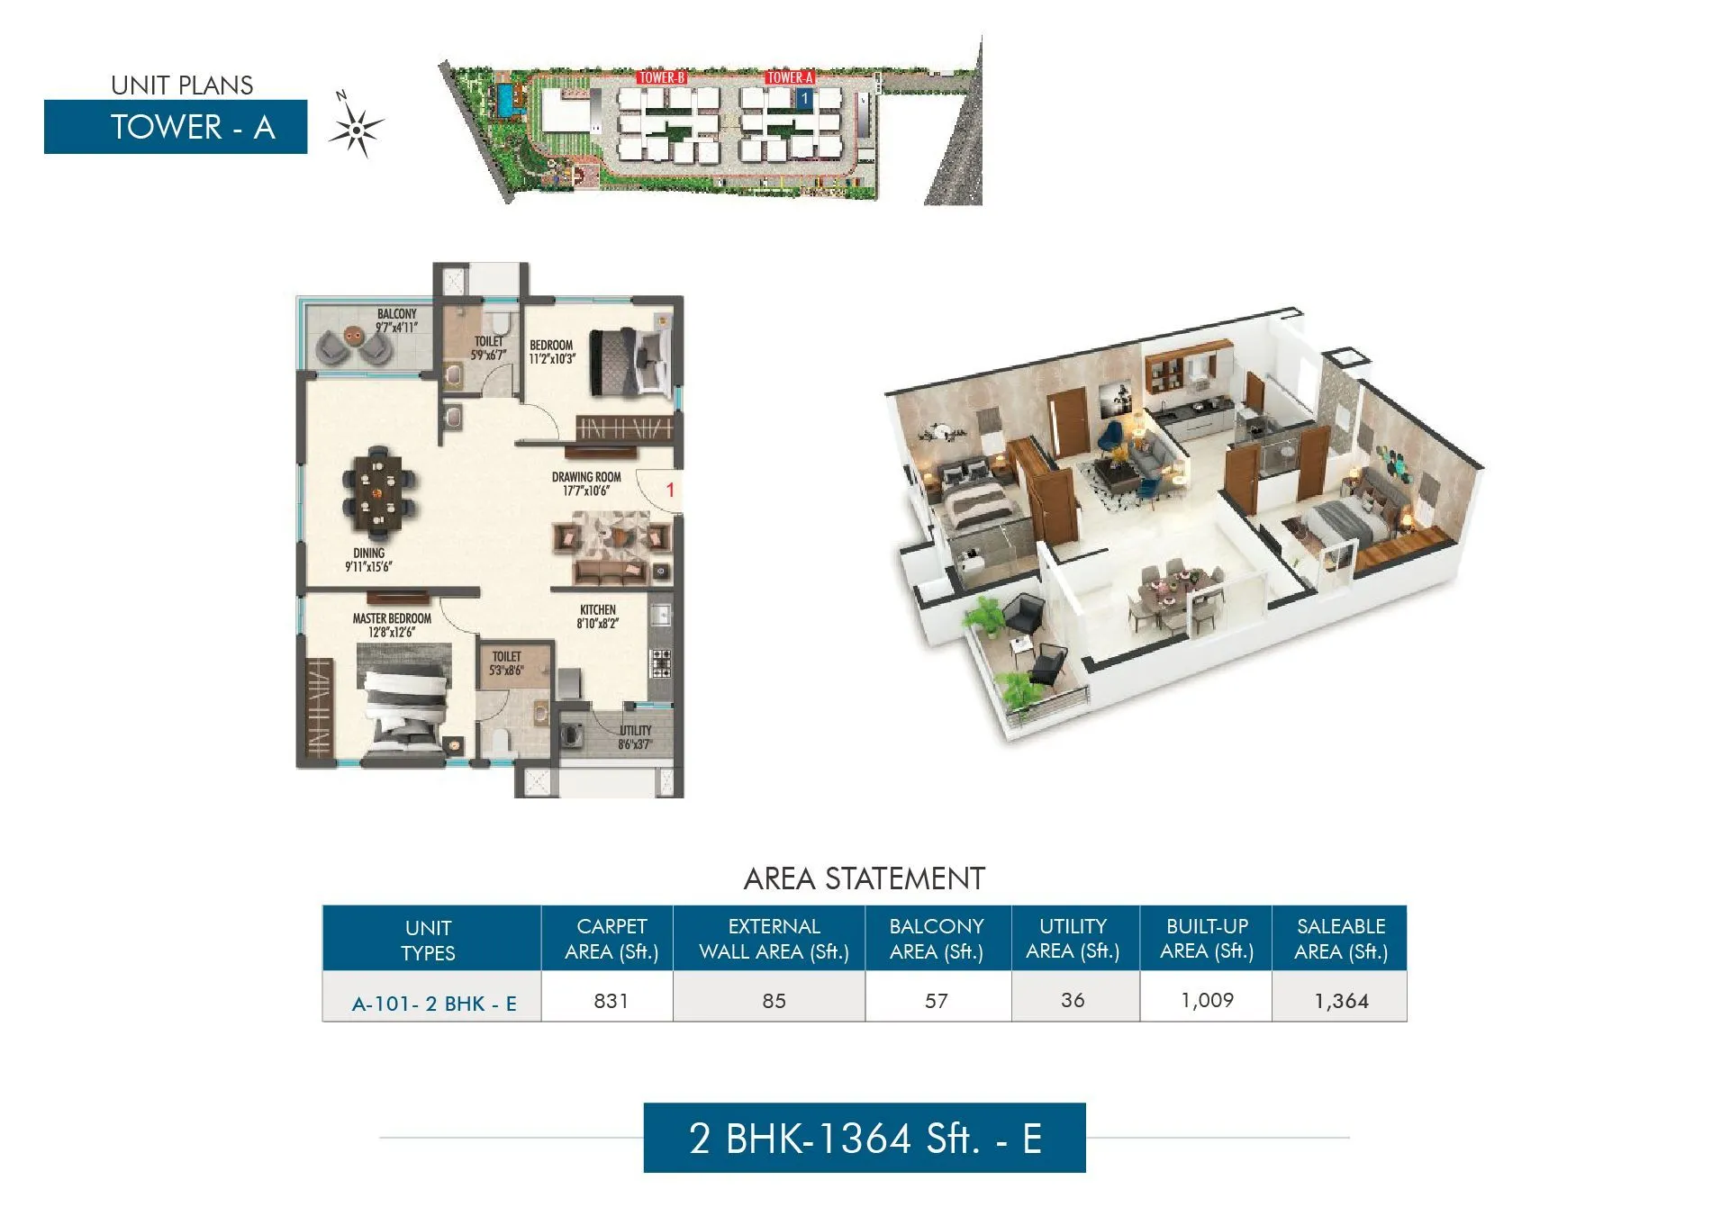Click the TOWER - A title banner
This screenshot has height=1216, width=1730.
(176, 127)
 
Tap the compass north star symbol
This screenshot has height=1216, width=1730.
(357, 130)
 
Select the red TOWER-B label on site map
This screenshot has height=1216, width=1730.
(662, 77)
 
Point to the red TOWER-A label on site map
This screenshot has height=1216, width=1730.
(790, 77)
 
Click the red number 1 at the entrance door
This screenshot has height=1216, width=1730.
(670, 491)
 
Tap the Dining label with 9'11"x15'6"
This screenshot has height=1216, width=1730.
(368, 560)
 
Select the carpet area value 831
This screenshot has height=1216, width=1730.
(611, 1001)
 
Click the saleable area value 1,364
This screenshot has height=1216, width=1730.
(1341, 1001)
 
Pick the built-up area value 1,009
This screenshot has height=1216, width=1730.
(1207, 1001)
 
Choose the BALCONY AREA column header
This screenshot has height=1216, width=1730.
(937, 939)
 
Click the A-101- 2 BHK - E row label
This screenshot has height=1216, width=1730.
(434, 1004)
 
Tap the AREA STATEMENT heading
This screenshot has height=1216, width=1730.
(864, 878)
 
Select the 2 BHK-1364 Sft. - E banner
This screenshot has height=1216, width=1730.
(865, 1138)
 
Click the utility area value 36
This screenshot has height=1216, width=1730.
(1073, 1001)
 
